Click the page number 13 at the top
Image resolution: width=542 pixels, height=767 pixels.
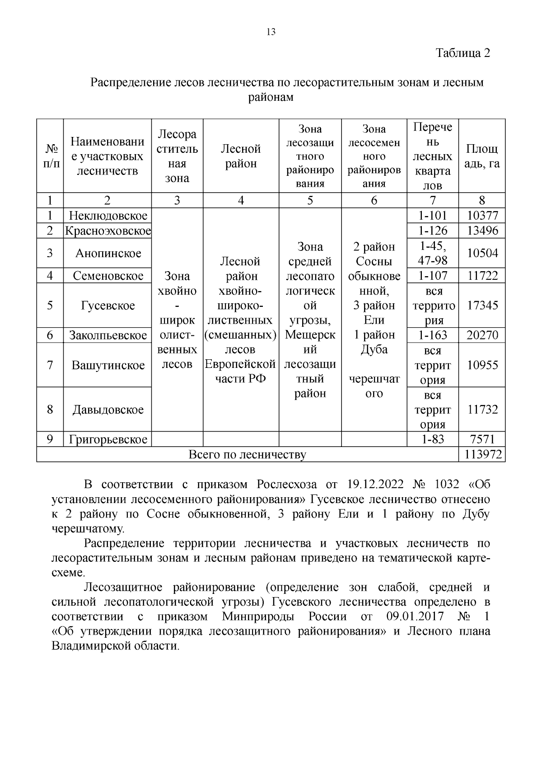[x=271, y=32]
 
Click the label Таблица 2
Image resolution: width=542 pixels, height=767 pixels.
[x=463, y=53]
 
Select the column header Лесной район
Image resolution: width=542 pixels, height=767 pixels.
[x=241, y=156]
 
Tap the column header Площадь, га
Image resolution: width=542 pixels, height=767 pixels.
[x=482, y=156]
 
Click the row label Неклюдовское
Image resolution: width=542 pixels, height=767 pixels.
[x=107, y=216]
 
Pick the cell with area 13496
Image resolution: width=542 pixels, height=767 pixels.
[x=482, y=231]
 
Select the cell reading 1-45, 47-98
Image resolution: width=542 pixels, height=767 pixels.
[x=433, y=253]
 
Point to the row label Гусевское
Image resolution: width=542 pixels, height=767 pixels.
[x=107, y=306]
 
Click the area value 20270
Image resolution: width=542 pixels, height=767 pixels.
[x=482, y=335]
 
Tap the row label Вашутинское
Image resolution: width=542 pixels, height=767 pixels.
[x=107, y=365]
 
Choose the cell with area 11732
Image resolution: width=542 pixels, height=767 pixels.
[x=482, y=409]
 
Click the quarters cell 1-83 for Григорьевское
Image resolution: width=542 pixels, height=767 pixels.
[x=433, y=439]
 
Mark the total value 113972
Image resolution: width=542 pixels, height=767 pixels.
[x=482, y=454]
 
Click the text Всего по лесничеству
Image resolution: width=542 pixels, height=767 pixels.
[x=247, y=454]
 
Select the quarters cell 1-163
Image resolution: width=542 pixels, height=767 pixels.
[x=433, y=335]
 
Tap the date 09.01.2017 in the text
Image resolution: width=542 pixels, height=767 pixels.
[x=415, y=616]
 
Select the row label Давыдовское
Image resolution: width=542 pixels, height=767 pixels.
[x=107, y=409]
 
